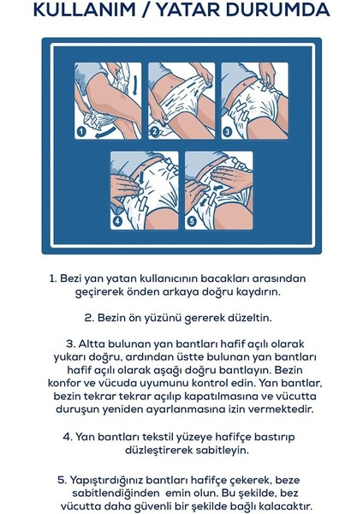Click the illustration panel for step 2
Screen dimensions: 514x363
[x=181, y=101]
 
